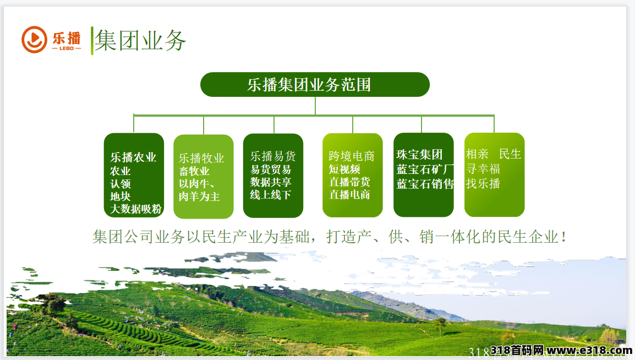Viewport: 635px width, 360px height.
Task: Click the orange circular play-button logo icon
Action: pos(35,40)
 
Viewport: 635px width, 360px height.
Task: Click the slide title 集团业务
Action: pos(140,41)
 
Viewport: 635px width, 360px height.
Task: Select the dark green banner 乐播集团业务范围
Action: pos(315,85)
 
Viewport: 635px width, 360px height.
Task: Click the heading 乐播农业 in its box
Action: pos(133,157)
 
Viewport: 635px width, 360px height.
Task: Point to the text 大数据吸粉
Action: pos(136,209)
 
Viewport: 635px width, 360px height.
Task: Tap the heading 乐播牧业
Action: pos(202,158)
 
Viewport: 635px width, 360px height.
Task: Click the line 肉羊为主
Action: pos(199,197)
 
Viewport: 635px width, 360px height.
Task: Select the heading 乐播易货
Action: pos(273,156)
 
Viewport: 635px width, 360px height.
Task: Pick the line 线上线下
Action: pos(271,195)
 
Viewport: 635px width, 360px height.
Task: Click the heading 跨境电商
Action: pos(352,156)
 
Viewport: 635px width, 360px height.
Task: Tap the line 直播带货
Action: pos(349,182)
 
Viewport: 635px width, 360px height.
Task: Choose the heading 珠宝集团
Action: pos(419,154)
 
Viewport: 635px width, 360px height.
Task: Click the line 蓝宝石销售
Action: pos(425,184)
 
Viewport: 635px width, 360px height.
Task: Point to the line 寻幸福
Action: pos(483,169)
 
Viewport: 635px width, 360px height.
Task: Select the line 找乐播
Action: pos(483,183)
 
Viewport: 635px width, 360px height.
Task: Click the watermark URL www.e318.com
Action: pos(589,350)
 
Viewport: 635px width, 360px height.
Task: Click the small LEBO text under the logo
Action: pos(67,48)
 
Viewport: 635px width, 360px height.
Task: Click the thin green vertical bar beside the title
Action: pos(92,41)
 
